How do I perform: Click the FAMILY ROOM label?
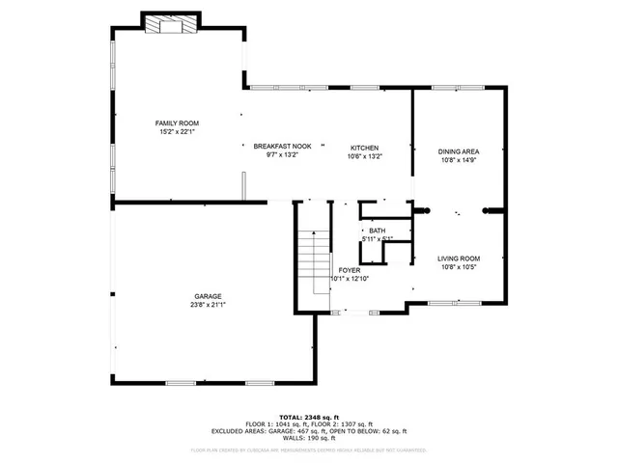click(177, 123)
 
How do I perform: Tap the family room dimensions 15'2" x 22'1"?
click(177, 132)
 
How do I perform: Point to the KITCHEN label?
click(364, 147)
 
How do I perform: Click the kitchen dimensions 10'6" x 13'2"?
click(364, 156)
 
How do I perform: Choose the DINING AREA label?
click(459, 151)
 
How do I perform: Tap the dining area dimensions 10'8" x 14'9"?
click(459, 161)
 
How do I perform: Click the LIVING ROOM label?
click(460, 259)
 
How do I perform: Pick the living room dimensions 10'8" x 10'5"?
click(460, 267)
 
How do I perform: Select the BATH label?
click(377, 231)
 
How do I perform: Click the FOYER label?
click(349, 270)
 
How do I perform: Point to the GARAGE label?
click(208, 296)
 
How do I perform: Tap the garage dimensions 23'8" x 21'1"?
click(208, 306)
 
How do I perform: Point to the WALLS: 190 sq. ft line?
click(309, 439)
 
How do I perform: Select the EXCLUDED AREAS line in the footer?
click(309, 431)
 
